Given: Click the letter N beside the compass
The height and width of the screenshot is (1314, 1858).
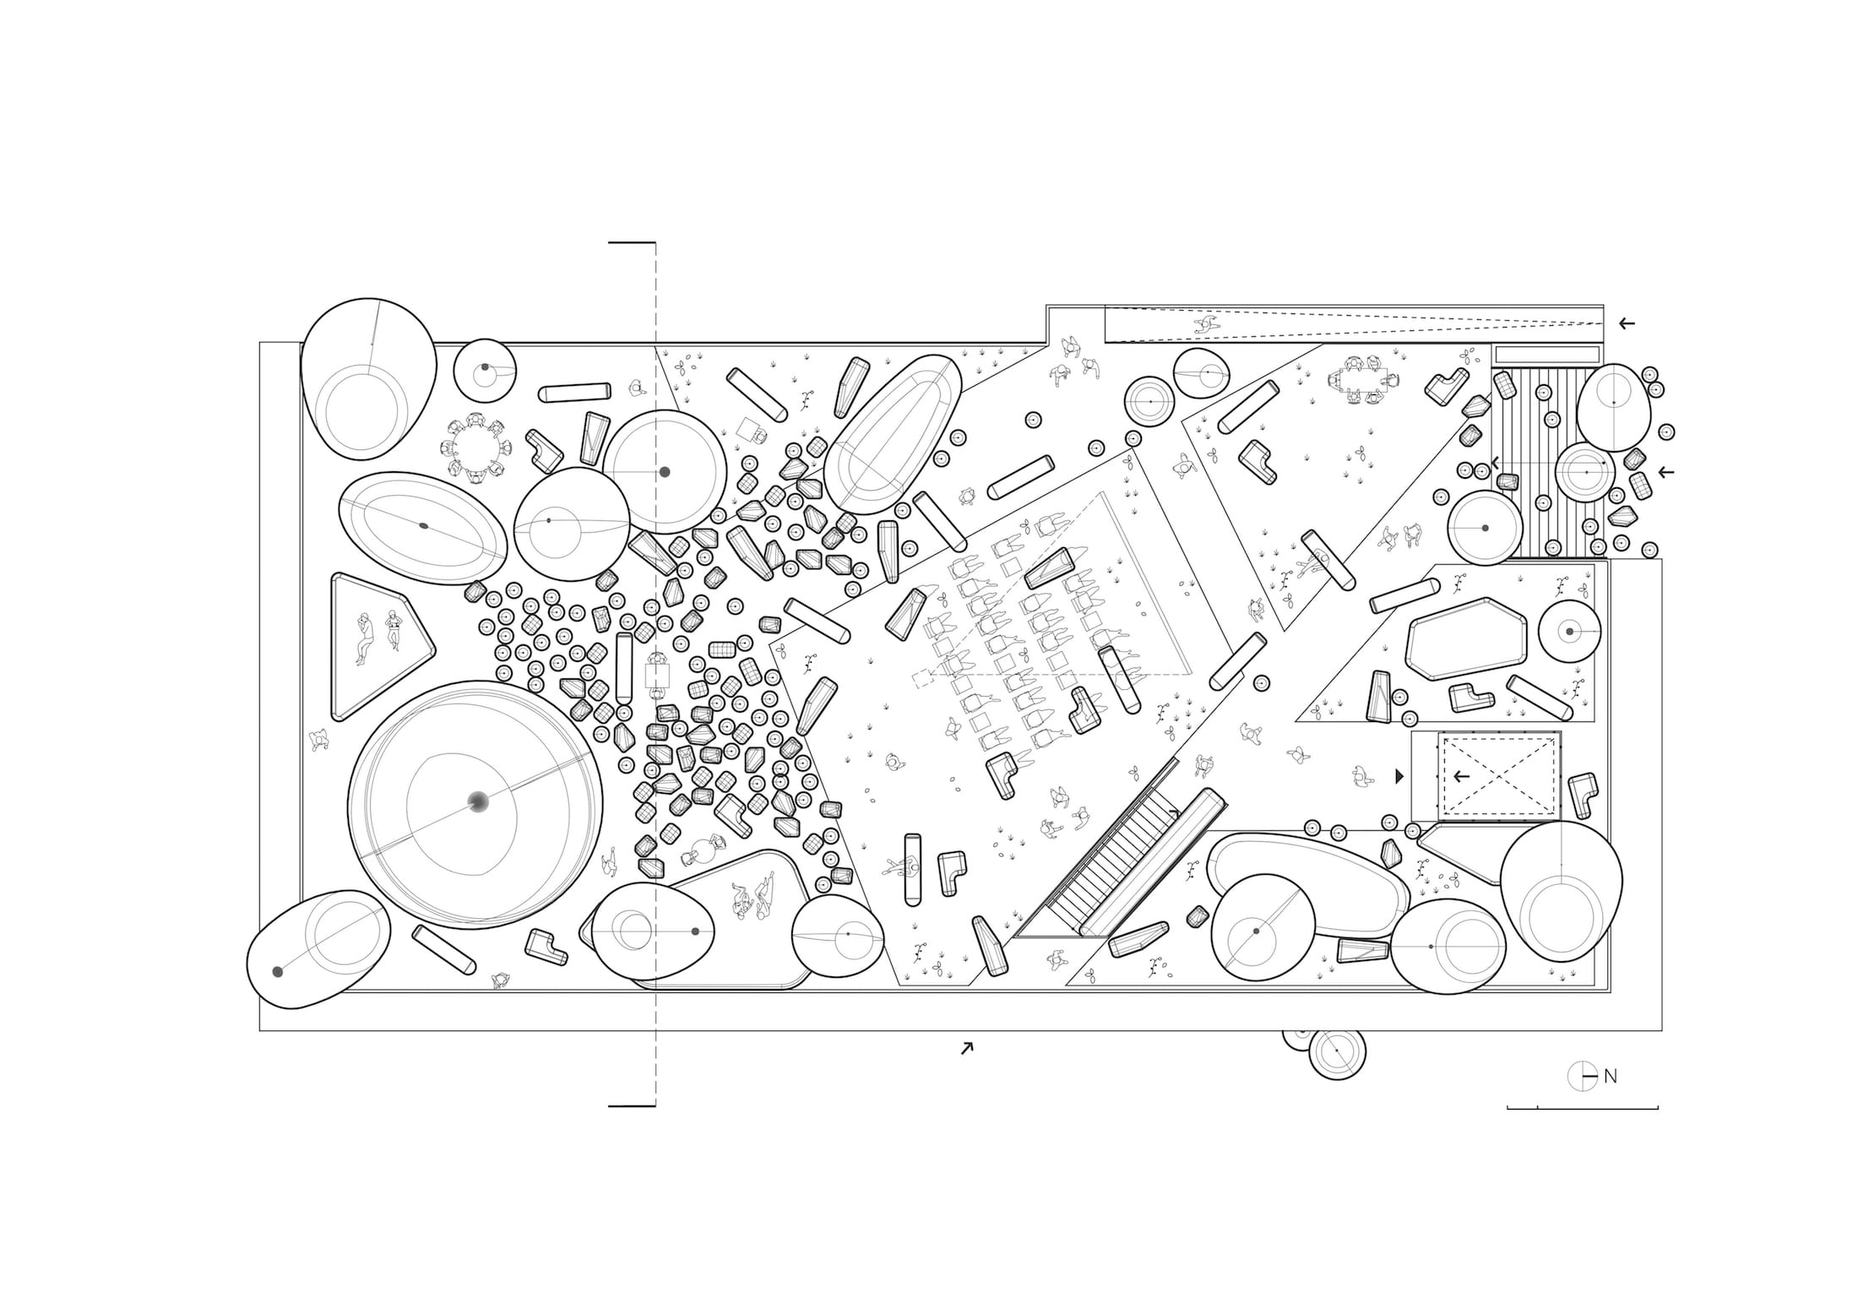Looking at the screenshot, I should (1611, 1077).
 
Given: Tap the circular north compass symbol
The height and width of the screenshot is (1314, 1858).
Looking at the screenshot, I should (1582, 1077).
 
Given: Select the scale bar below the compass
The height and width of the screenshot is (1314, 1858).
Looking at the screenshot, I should (1583, 1107).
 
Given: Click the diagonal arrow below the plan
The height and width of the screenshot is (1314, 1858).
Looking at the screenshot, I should (966, 1048).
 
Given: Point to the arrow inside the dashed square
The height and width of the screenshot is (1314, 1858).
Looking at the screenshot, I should (1461, 776).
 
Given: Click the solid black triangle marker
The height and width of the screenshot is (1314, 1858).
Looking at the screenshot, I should (1399, 776).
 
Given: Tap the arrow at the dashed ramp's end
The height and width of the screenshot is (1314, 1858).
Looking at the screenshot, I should (1626, 323).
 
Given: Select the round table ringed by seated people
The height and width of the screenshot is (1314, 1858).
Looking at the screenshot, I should (475, 448).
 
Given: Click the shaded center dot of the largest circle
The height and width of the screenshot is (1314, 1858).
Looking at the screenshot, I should (477, 802).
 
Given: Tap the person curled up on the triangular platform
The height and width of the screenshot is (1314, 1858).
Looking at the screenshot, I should (364, 638).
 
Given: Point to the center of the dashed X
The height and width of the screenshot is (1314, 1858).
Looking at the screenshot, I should (1498, 776).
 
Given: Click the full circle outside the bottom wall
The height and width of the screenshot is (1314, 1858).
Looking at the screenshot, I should (1337, 1052).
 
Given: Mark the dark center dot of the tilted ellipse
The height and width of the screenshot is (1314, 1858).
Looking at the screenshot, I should (424, 525).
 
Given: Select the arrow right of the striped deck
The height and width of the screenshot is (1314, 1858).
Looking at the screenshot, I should (1665, 471).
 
